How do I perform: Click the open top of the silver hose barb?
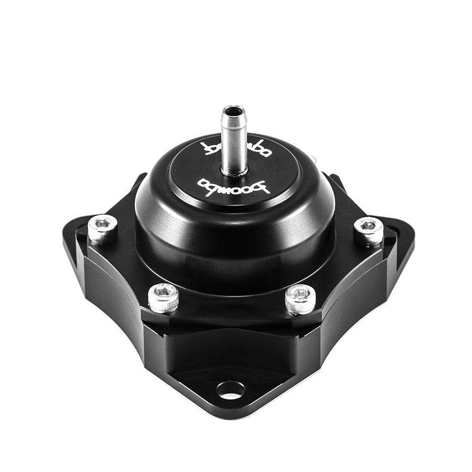tap(233, 111)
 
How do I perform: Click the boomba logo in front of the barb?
tap(233, 186)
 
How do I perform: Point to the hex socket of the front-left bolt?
tap(163, 292)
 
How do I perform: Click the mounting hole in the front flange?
tap(230, 389)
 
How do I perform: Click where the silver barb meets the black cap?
tap(234, 170)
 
